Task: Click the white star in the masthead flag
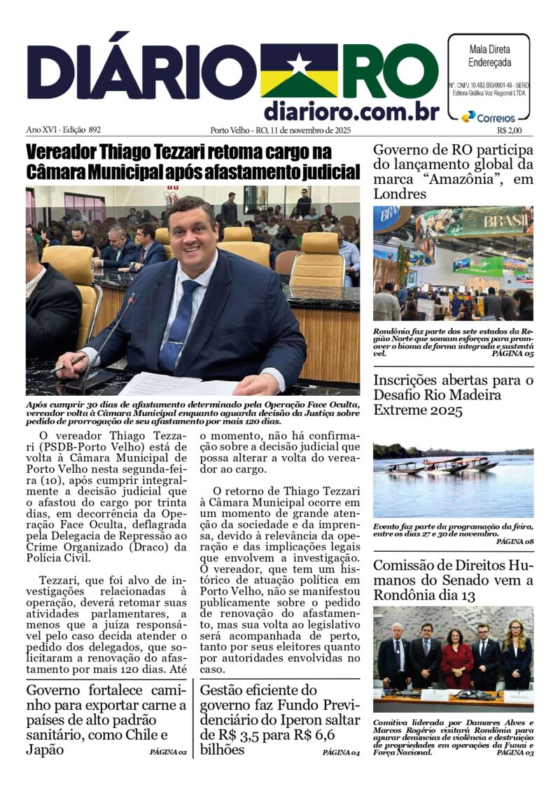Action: (x=299, y=64)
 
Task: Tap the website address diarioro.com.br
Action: (x=351, y=111)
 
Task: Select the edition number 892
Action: (x=94, y=130)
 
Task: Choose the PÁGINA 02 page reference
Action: (x=168, y=753)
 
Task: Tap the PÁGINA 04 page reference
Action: (x=341, y=753)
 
